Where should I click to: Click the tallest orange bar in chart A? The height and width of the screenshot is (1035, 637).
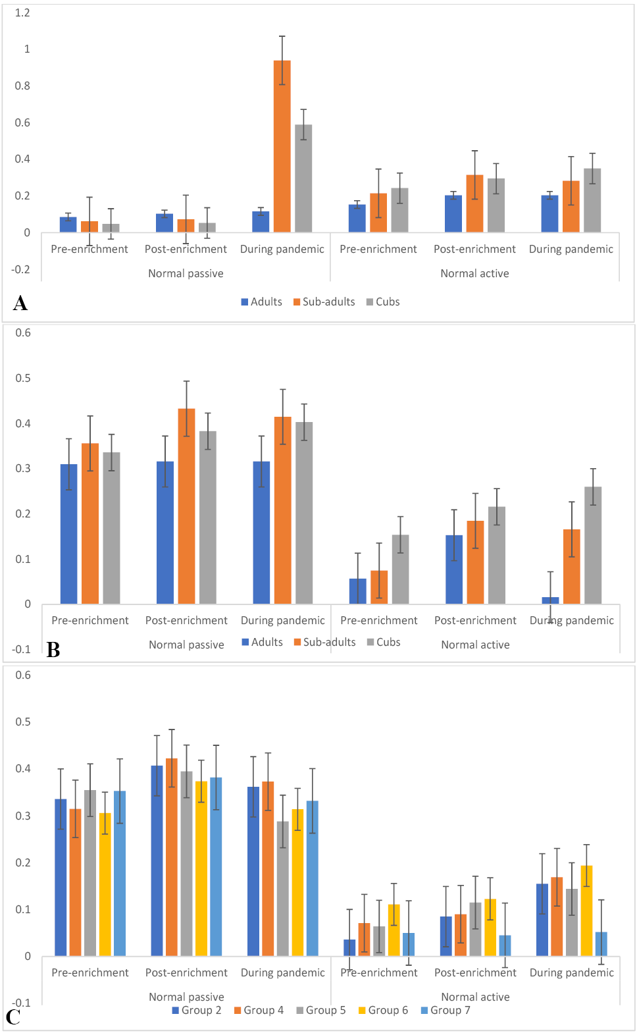coord(282,146)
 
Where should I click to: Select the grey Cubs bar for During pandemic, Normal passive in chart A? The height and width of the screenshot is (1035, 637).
coord(303,178)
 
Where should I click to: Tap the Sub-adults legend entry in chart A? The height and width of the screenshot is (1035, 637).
coord(324,302)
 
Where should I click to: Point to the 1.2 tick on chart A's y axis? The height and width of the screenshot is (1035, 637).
coord(22,13)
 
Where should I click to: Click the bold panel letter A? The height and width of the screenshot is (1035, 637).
coord(20,304)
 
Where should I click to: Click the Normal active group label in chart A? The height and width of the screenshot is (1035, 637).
coord(475,273)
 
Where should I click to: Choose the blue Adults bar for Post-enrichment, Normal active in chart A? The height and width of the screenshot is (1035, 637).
coord(453,214)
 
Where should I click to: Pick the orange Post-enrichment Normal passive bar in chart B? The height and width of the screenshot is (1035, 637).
coord(186,506)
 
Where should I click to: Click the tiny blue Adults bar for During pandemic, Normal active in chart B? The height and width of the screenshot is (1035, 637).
coord(550,600)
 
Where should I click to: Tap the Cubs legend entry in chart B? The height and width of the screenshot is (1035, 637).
coord(384,642)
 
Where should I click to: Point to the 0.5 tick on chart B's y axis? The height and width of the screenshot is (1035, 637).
coord(23,378)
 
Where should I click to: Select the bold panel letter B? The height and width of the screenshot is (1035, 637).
coord(53,650)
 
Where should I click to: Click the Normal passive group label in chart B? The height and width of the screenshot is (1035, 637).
coord(186,645)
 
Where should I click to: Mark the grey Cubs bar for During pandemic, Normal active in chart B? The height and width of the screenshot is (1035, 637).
coord(593,545)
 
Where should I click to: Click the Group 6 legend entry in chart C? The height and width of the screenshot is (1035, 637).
coord(384,1010)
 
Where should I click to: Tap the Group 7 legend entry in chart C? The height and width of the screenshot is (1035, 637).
coord(446,1010)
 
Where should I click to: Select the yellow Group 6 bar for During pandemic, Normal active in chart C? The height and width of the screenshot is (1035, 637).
coord(586,911)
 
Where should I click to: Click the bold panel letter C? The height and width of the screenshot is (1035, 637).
coord(13,1017)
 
